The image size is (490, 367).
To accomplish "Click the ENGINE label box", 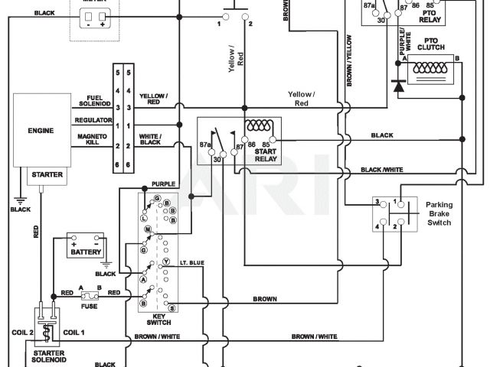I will [x=40, y=131].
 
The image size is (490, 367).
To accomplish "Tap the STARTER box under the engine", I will [x=47, y=175].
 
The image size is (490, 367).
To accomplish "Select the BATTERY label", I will [x=84, y=252].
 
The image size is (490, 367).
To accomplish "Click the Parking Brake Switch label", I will [x=439, y=213].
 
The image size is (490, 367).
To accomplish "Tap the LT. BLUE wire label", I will [x=192, y=263].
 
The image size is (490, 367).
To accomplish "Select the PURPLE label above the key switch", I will [x=163, y=184].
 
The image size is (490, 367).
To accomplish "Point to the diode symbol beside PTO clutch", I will [x=399, y=84].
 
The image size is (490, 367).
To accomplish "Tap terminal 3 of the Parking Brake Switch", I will [x=377, y=203].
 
